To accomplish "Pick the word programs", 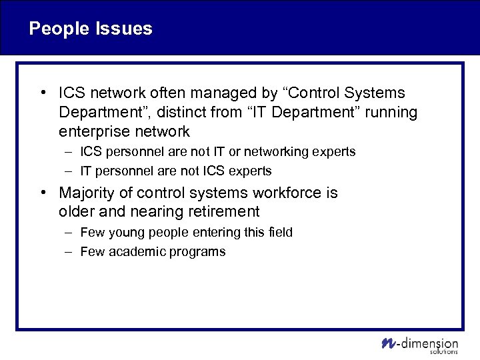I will tap(201, 252).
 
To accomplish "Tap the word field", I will tap(279, 233).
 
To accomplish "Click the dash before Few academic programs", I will tap(69, 252).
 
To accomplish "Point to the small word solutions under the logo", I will tap(444, 351).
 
